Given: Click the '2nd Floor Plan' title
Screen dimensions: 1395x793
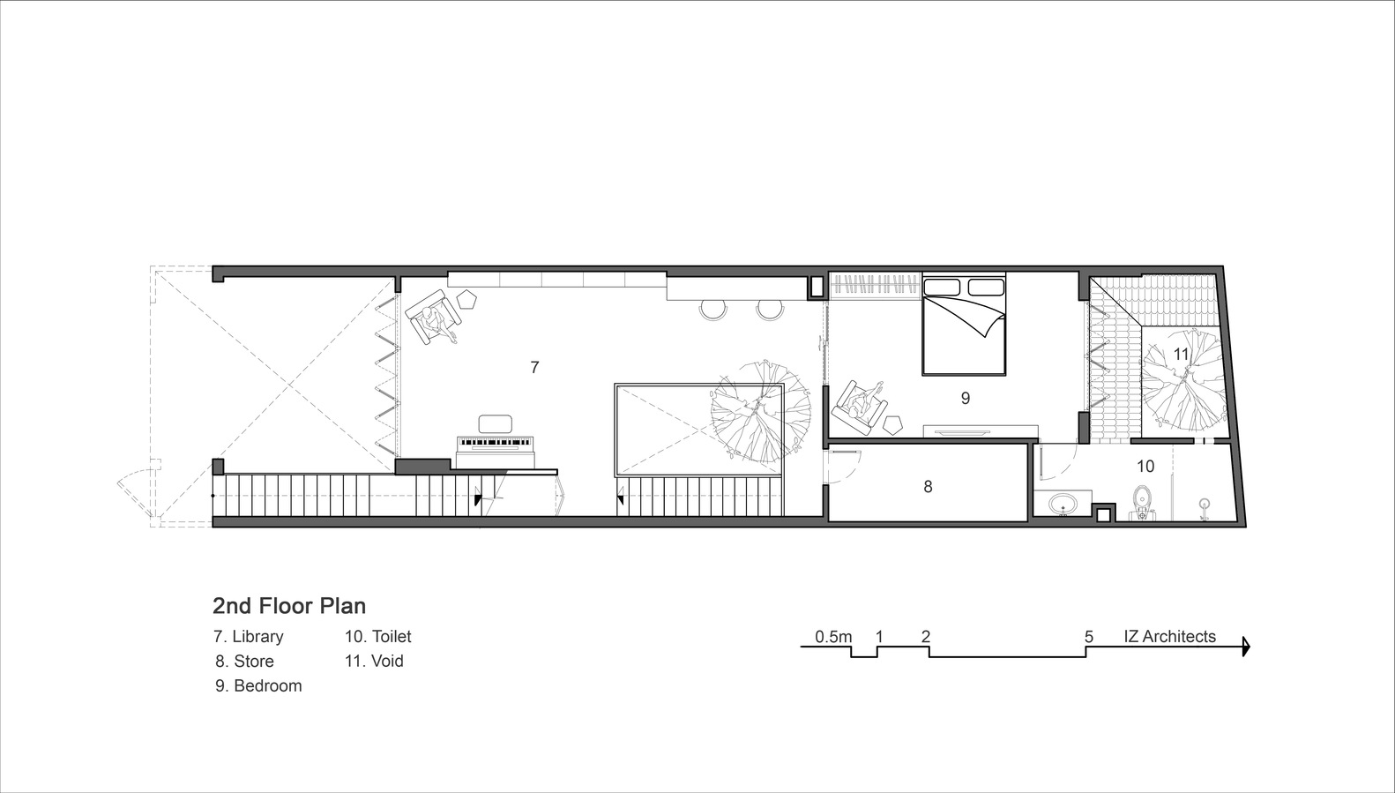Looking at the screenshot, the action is pos(289,605).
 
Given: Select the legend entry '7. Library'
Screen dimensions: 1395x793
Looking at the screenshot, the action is pos(249,637).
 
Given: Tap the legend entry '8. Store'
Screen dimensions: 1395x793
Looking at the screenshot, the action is pos(245,661).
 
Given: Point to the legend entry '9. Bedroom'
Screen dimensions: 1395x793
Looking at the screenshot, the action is pos(258,686).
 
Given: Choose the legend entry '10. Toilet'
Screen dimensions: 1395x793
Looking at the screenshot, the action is pos(378,637).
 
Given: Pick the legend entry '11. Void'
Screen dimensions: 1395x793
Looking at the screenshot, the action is pos(374,661).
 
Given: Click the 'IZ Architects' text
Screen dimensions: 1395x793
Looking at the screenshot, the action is pos(1169,637).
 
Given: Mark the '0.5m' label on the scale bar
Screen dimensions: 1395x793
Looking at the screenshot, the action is pos(833,637).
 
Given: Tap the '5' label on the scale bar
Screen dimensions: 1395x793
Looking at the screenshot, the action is pos(1089,637).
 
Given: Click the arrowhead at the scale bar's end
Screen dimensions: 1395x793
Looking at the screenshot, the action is pos(1245,647).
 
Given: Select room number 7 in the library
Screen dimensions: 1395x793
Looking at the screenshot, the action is pos(534,368).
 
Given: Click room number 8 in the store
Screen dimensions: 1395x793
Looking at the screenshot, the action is pos(928,487).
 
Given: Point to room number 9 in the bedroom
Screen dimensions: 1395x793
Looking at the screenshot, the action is pos(966,398).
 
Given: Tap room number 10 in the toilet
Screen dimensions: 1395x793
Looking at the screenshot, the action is pos(1145,466).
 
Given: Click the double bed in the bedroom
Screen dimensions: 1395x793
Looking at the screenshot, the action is pos(964,324).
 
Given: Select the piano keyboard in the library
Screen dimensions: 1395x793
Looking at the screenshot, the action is pos(496,444).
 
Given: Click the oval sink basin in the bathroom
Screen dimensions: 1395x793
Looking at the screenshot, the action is pos(1063,504).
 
